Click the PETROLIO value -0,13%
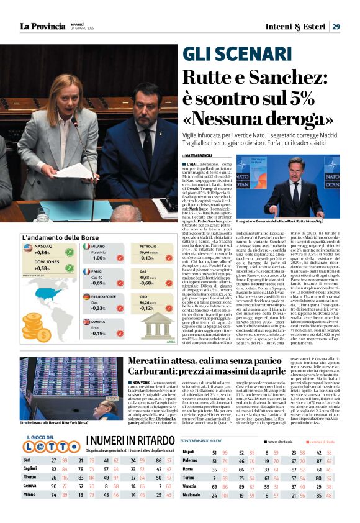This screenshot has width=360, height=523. [148, 257]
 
